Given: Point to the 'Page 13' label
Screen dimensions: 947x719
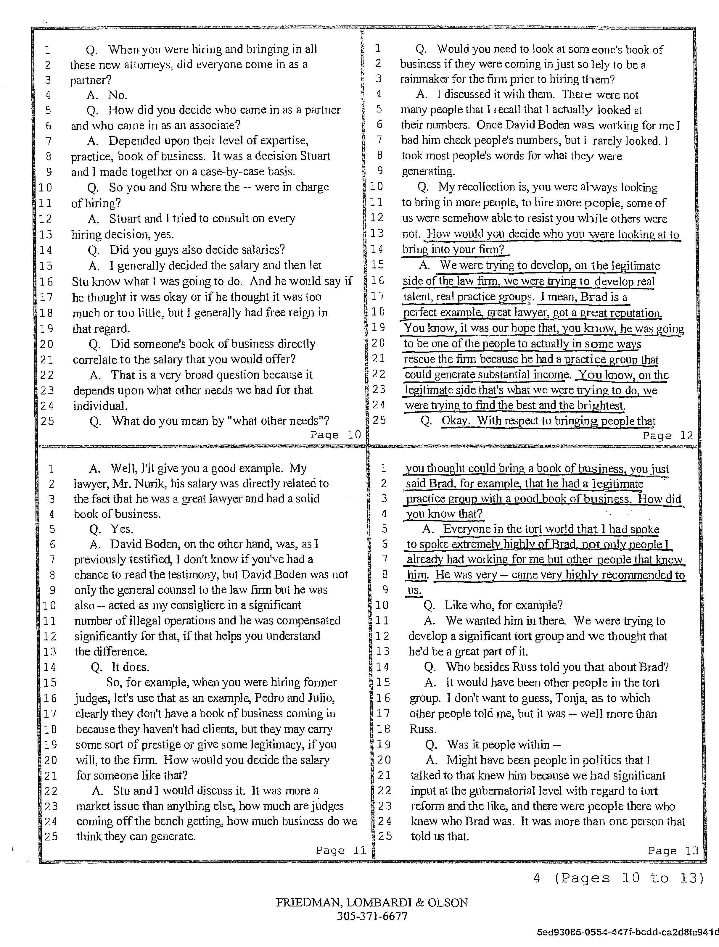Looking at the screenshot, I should pyautogui.click(x=673, y=851).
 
